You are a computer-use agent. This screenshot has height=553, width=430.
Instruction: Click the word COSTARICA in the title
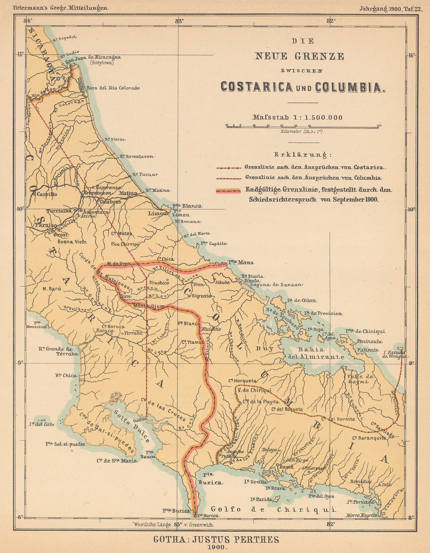point(257,86)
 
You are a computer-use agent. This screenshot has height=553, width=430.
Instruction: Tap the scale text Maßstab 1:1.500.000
point(297,118)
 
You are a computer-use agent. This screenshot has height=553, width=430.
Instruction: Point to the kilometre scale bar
point(303,126)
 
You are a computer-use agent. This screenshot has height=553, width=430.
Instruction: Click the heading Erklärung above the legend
point(303,154)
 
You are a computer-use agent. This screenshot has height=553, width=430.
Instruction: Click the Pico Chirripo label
point(125,244)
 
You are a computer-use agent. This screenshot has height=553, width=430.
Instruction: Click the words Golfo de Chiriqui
point(274,509)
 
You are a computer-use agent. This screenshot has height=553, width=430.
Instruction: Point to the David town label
point(286,467)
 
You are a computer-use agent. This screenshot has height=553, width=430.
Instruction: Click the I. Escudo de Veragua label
point(396,354)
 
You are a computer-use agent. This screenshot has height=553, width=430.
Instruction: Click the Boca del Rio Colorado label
point(113,88)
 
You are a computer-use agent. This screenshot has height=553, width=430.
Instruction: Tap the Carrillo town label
point(47,194)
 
